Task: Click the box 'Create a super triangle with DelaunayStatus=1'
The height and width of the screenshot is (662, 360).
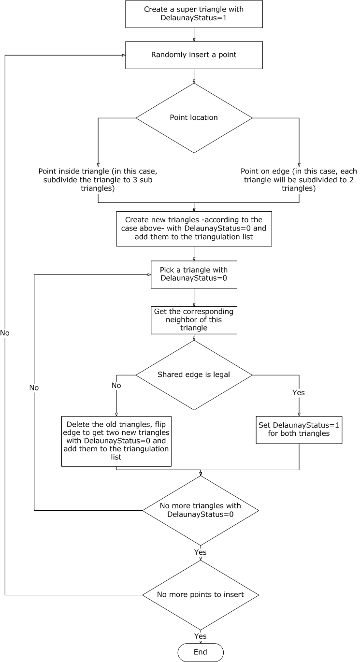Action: [x=194, y=14]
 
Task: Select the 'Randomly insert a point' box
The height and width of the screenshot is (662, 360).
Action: [x=194, y=55]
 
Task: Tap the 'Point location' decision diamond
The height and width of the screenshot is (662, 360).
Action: [x=194, y=118]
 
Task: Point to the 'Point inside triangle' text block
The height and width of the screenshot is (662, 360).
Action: [x=98, y=180]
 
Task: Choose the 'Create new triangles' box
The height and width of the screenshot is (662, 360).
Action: [x=194, y=229]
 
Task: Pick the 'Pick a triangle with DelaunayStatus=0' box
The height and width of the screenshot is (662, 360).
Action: [x=194, y=274]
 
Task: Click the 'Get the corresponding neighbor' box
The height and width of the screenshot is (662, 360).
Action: [x=194, y=320]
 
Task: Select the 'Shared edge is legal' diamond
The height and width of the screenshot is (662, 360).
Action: [x=194, y=375]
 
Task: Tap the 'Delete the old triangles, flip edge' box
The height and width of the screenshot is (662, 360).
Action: [x=117, y=441]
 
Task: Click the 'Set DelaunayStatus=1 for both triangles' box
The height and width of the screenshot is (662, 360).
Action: [x=299, y=430]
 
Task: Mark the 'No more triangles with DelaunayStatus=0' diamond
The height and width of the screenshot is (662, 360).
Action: [x=200, y=510]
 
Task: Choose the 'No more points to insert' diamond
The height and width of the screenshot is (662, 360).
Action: [x=200, y=594]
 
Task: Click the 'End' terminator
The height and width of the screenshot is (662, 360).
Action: [x=200, y=652]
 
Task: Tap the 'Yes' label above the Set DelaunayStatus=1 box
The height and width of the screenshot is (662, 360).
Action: [x=299, y=393]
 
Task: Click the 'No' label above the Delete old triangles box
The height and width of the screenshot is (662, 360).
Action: [x=116, y=386]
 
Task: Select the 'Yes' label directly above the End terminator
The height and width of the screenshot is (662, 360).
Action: [x=200, y=636]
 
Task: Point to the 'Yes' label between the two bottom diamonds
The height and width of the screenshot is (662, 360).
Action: [x=200, y=552]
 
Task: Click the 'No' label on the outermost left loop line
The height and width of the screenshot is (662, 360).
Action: [x=5, y=333]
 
